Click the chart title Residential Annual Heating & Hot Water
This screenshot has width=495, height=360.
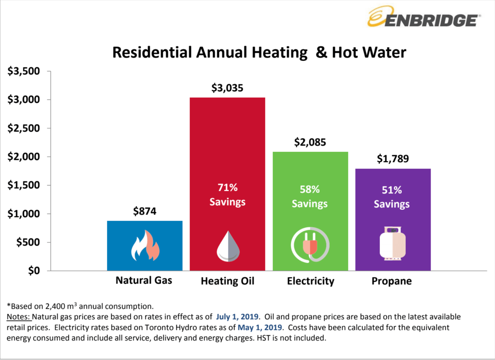pos(259,53)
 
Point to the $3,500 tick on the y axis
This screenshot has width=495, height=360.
pos(24,71)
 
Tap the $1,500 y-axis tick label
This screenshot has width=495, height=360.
pos(24,185)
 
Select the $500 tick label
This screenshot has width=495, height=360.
pos(28,242)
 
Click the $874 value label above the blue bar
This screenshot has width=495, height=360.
pos(145,211)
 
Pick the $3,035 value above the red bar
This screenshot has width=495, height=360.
pos(227,88)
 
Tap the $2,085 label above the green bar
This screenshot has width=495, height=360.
pos(310,142)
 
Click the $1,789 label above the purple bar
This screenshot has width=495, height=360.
pos(393,159)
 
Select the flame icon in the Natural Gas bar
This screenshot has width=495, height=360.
pos(145,246)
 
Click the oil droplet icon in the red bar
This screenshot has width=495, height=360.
pos(228,247)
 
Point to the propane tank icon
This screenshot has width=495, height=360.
pos(393,243)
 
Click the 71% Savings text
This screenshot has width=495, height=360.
pos(227,195)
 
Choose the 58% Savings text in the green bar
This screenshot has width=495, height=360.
pos(310,196)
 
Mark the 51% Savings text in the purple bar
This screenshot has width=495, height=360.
pos(392,197)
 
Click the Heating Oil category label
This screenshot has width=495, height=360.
pos(227,281)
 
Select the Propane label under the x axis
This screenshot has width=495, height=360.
pos(391,281)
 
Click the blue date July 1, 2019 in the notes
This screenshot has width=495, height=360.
pos(237,317)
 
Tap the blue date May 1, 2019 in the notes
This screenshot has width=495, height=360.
pos(260,327)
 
